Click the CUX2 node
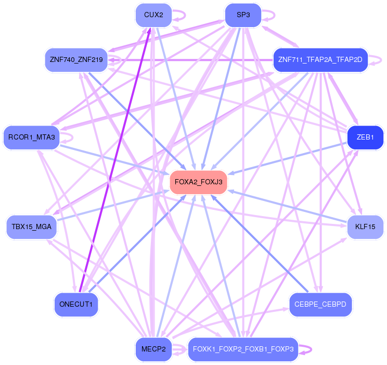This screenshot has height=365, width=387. [x=153, y=15]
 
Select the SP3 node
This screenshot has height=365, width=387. [x=243, y=15]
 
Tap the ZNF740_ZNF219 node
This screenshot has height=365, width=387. [x=76, y=59]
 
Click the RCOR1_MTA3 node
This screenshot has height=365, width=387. [x=32, y=137]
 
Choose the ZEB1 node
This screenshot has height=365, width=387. [x=365, y=137]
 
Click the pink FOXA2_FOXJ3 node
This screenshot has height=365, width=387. [x=199, y=182]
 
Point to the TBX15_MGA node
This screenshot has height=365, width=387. [x=32, y=226]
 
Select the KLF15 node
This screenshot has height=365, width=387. [x=365, y=226]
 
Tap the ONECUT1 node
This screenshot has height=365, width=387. [x=76, y=304]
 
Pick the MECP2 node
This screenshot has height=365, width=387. [x=153, y=348]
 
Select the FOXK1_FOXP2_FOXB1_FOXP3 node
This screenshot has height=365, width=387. [x=243, y=348]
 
